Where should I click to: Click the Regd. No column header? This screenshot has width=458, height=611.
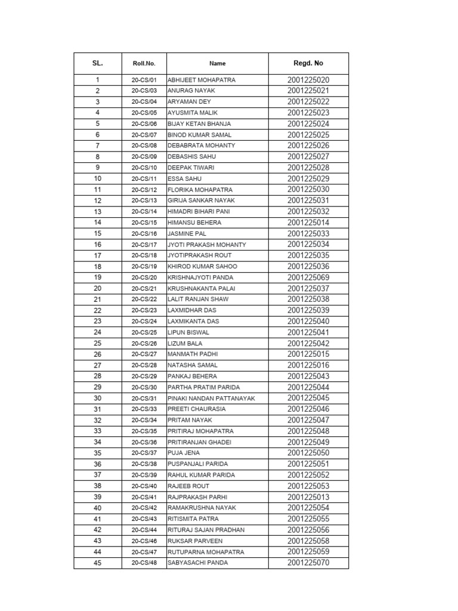point(308,63)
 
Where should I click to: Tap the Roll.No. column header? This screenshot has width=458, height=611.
point(144,63)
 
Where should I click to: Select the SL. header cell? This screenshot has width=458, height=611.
point(98,63)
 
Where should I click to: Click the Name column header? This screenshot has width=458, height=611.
point(218,63)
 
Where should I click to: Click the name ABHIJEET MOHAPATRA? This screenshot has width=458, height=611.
point(202,80)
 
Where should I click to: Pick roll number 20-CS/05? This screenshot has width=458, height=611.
point(144,113)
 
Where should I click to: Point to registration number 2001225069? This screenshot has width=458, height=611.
point(308,277)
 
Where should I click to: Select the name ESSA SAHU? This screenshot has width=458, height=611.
point(185,178)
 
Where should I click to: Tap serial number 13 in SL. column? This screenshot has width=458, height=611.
point(98,212)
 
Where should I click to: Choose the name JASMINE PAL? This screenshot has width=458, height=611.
point(187,234)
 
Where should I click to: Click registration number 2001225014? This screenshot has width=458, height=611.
point(308,223)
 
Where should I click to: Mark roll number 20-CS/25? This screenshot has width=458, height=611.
point(144,332)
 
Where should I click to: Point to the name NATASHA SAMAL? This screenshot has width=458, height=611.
point(193,365)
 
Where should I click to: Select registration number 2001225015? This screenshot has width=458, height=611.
point(308,354)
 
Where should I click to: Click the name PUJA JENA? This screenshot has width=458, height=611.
point(184,453)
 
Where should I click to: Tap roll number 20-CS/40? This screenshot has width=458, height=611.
point(144,486)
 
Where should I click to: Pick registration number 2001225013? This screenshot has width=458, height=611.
point(308,497)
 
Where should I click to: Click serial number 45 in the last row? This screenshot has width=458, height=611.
point(98,563)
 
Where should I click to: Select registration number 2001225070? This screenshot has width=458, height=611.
point(308,563)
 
